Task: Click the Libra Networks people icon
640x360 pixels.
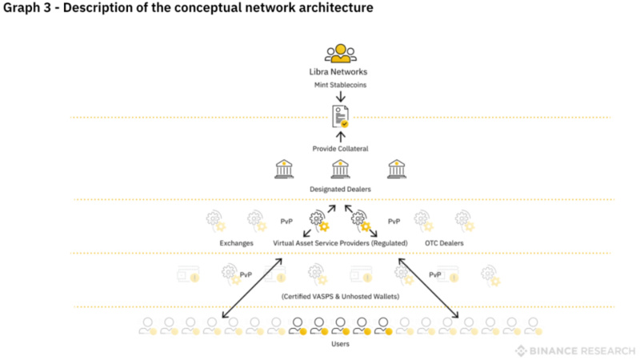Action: click(x=340, y=54)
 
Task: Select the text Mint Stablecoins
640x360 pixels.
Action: click(x=340, y=85)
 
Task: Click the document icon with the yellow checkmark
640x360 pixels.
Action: click(x=340, y=117)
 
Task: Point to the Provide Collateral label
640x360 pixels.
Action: click(x=340, y=149)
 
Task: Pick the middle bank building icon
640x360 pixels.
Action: click(x=340, y=169)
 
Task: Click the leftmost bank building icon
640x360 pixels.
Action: click(x=284, y=169)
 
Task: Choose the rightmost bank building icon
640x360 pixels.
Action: click(x=397, y=169)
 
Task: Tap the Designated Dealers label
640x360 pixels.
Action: click(x=340, y=189)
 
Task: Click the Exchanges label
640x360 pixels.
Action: click(x=237, y=242)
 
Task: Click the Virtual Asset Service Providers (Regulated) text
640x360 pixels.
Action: click(x=341, y=242)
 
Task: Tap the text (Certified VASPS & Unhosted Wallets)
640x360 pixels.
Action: click(x=340, y=296)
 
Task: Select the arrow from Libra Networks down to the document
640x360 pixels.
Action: click(x=340, y=97)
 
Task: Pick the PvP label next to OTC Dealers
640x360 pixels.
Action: click(x=394, y=221)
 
